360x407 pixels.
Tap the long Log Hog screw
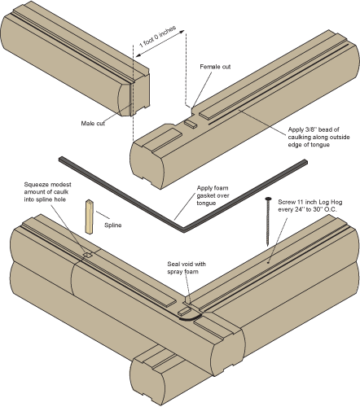click(x=270, y=227)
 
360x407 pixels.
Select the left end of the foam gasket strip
click(x=59, y=160)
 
